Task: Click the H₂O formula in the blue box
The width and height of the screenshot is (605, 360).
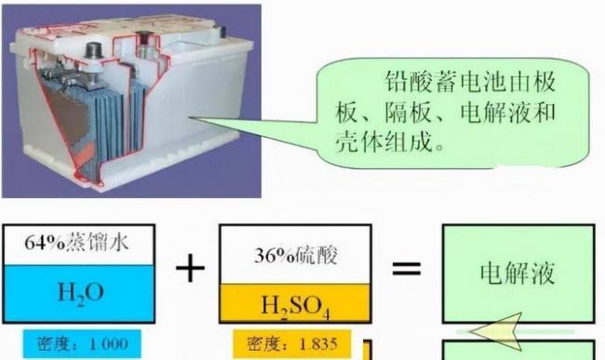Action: (81, 293)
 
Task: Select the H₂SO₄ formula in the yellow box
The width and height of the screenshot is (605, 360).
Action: (296, 307)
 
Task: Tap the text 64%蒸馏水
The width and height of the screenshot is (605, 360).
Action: (76, 243)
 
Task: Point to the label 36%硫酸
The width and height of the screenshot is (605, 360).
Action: (296, 255)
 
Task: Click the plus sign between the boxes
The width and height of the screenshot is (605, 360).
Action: (190, 268)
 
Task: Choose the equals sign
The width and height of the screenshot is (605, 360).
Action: (407, 268)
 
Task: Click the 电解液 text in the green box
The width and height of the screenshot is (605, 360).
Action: (517, 273)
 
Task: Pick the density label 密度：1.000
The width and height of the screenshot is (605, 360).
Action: (82, 343)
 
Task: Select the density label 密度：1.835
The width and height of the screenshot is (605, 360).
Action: (292, 343)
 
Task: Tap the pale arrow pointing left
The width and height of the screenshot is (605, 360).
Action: (498, 331)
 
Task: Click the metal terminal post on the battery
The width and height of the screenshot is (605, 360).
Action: (94, 51)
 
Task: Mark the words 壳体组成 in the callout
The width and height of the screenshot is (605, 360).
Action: (383, 141)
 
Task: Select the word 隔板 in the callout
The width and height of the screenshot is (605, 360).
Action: (409, 113)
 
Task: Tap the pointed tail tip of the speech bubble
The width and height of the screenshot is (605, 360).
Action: (189, 117)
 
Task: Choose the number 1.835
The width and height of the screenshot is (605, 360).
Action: (318, 344)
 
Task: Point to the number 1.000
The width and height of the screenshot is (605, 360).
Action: (108, 344)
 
